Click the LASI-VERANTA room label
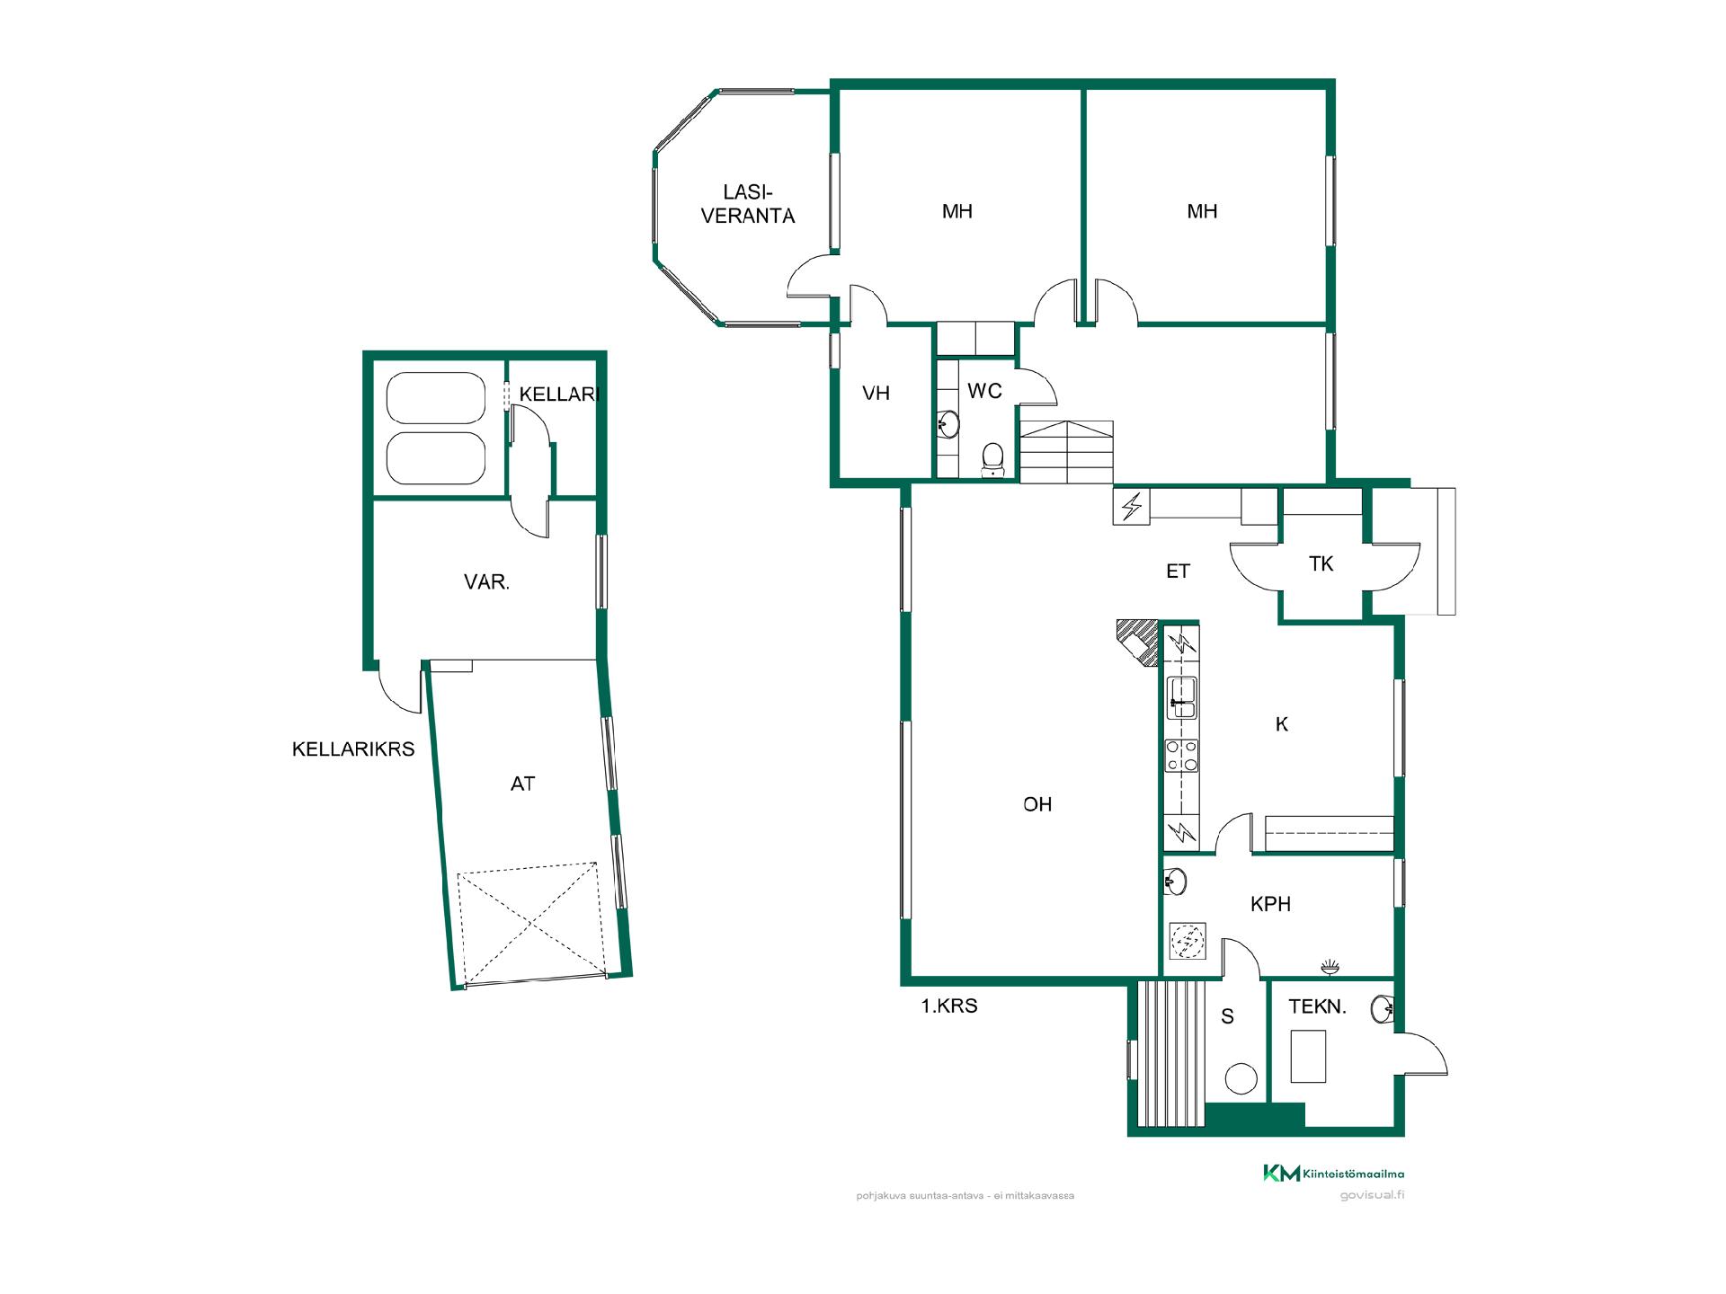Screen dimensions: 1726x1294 point(748,204)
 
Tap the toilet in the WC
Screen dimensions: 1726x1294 point(993,459)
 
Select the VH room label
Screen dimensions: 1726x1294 point(876,393)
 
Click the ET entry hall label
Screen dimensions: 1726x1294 point(1178,571)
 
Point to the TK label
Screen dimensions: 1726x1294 point(1321,564)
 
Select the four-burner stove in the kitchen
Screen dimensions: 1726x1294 point(1181,755)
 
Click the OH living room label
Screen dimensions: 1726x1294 point(1037,804)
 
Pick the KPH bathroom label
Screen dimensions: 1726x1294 point(1270,904)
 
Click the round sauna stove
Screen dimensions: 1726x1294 point(1241,1078)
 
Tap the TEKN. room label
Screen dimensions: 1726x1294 point(1317,1006)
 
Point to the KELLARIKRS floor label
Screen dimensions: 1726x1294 point(353,749)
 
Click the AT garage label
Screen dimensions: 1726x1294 point(522,784)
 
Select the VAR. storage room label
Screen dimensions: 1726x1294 point(486,581)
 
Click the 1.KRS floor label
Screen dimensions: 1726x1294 point(948,1006)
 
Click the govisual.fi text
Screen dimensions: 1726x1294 point(1371,1195)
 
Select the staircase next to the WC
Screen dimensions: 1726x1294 point(1066,452)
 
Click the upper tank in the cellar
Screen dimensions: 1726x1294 point(435,397)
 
